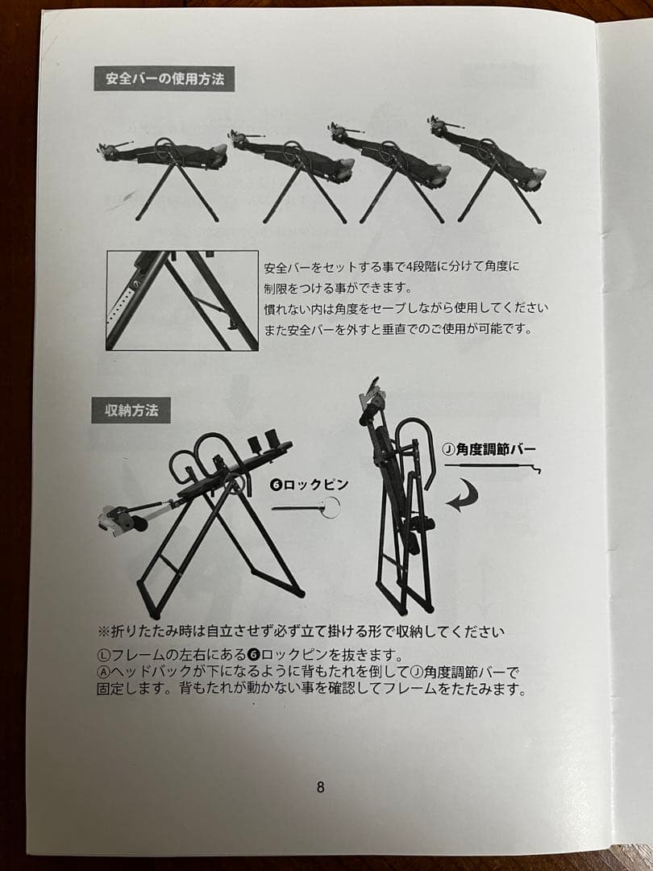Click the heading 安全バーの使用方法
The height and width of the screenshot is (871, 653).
point(164,80)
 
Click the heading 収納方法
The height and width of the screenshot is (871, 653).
point(131,410)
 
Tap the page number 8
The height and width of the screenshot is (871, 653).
point(320,787)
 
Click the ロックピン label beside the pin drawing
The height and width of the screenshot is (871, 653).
point(310,485)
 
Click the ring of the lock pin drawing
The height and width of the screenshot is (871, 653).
point(330,506)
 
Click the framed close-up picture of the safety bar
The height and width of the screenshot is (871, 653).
point(182,300)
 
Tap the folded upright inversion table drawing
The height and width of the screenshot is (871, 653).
point(399,500)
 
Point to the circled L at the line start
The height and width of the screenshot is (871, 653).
point(103,655)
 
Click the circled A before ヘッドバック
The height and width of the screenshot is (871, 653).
point(103,673)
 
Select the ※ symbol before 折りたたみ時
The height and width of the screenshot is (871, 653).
point(103,631)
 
